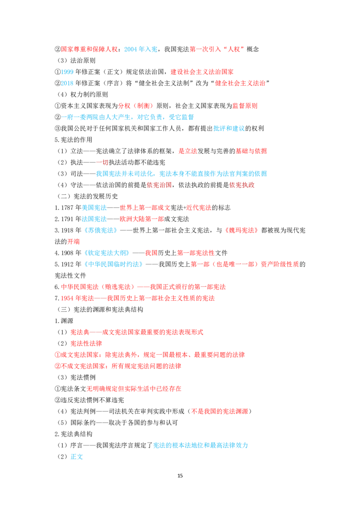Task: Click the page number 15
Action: click(180, 476)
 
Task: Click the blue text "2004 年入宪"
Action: click(141, 49)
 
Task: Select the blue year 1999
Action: click(67, 72)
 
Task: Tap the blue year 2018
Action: click(67, 84)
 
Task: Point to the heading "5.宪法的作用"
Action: click(73, 140)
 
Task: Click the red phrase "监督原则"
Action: click(245, 106)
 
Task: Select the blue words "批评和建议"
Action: click(229, 129)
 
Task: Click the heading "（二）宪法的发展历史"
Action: click(87, 196)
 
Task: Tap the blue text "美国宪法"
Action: click(94, 208)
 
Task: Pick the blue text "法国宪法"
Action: click(94, 219)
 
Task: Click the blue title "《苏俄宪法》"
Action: click(101, 231)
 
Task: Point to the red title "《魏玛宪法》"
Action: click(242, 231)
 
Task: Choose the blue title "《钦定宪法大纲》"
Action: click(107, 253)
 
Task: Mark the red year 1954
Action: click(67, 298)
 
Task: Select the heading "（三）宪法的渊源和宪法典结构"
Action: click(100, 310)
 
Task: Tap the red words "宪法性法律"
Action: click(86, 344)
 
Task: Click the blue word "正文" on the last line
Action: click(76, 457)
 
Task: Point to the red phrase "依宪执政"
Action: click(242, 185)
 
